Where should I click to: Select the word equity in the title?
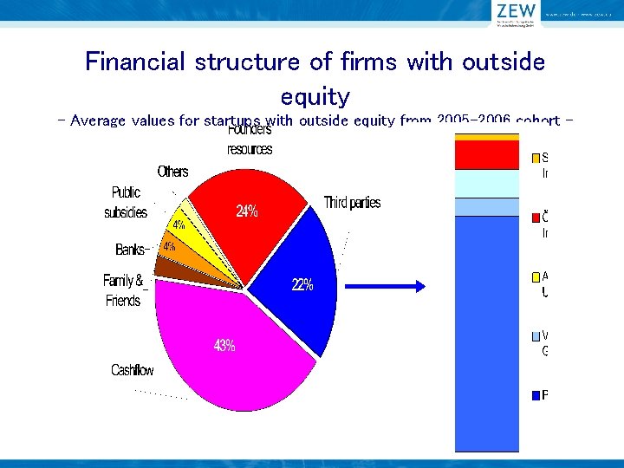(x=315, y=96)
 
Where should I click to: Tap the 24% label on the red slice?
(x=247, y=211)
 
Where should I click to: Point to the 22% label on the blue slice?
(x=302, y=284)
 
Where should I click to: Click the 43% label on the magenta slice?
(x=224, y=346)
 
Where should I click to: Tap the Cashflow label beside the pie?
(x=132, y=371)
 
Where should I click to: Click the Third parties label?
(x=352, y=203)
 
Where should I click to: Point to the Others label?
(x=172, y=172)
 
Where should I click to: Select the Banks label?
(x=131, y=250)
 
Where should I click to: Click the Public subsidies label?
(x=126, y=203)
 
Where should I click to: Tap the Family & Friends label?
(x=123, y=290)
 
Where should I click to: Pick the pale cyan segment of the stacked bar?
(x=485, y=183)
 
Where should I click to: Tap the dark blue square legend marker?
(x=536, y=395)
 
